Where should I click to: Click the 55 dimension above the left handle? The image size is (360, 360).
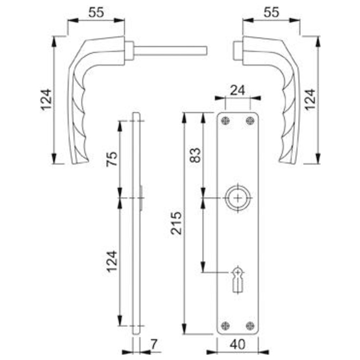point(96,12)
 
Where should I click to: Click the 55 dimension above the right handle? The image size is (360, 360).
point(271,12)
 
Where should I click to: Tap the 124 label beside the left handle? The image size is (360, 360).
point(46,100)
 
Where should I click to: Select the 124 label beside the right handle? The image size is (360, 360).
point(310,100)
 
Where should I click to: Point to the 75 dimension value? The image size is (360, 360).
point(112,159)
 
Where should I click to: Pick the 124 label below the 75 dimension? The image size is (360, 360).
point(112,261)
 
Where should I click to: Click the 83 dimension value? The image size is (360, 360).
point(195,155)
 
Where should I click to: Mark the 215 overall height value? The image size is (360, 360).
point(176,223)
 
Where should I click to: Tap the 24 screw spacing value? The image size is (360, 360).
point(238,90)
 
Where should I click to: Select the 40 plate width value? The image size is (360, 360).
point(238,344)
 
